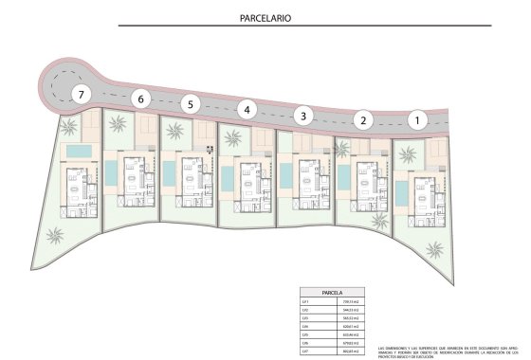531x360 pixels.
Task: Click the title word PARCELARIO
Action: tap(265, 18)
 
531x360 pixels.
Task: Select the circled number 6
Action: tap(141, 98)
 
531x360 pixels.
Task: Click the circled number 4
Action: tap(247, 109)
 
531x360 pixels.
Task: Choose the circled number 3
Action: tap(302, 116)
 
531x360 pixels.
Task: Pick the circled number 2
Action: tap(361, 119)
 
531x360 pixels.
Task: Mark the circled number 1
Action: tap(415, 119)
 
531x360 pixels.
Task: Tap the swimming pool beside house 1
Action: tap(402, 193)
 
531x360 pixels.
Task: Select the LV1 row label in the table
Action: tap(305, 301)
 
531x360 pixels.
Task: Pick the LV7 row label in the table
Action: tap(305, 351)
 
